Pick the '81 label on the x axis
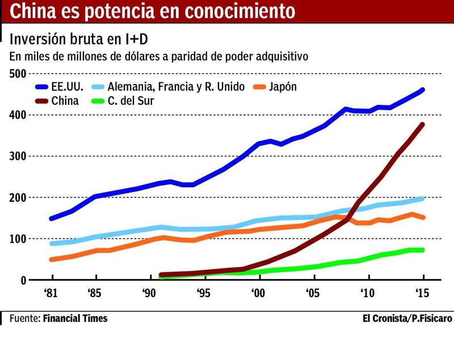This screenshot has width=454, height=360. tap(52, 294)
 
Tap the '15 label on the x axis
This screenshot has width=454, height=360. tap(421, 294)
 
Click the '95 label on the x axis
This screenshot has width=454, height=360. tap(203, 294)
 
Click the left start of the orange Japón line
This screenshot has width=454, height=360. tap(52, 260)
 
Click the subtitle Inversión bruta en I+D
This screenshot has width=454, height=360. tap(79, 40)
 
